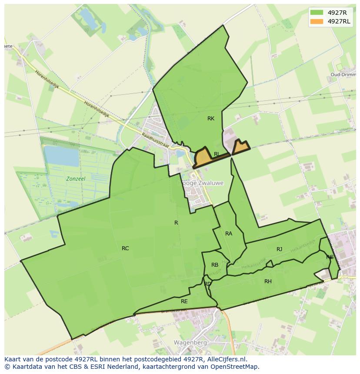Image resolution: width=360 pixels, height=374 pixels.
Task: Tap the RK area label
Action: [211, 119]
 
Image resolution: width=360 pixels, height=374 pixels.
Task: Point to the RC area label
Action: [125, 248]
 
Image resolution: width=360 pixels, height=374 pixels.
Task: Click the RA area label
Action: [229, 234]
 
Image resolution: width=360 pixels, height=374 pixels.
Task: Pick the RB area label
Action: [215, 265]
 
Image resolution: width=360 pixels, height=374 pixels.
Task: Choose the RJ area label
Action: [279, 249]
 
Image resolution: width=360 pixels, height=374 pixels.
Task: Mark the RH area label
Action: [268, 281]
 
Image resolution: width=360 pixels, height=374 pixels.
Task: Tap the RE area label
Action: [184, 301]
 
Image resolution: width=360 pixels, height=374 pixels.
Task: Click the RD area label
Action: [207, 284]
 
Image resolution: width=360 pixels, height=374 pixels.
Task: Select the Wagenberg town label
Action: [189, 342]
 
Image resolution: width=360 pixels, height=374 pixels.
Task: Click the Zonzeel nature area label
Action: [76, 179]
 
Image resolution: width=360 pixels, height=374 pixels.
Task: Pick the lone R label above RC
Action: [176, 223]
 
